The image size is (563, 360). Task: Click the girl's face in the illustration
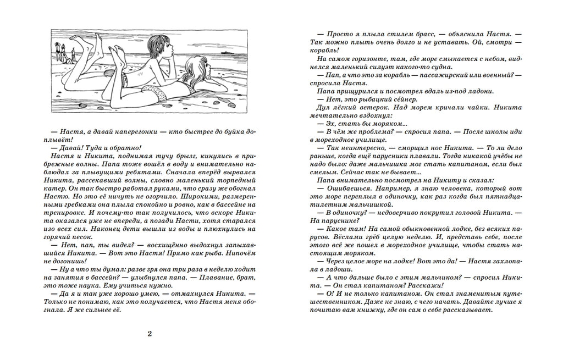coord(194,71)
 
